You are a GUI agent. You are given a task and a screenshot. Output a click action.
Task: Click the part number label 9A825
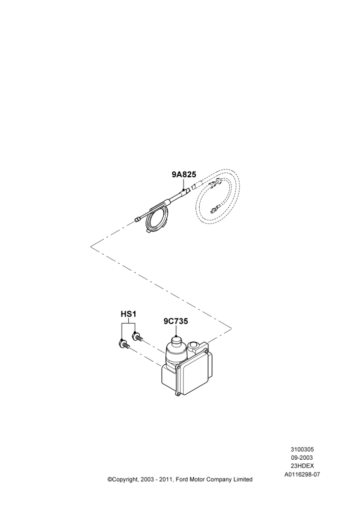184,174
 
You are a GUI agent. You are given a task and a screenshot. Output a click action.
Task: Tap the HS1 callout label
129,314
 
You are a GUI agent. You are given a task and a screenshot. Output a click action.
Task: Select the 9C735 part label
175,321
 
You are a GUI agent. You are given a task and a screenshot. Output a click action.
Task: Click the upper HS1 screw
137,337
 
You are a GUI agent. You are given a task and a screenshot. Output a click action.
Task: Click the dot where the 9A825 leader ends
184,189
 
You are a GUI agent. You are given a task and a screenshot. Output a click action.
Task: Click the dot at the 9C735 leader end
176,337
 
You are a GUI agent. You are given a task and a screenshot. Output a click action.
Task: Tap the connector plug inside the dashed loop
214,210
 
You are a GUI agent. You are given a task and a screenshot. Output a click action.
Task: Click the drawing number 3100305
302,450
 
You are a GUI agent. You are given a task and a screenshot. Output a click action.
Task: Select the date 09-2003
302,458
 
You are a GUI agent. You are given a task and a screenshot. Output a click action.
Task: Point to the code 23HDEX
302,466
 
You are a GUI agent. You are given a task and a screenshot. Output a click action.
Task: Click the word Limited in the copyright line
243,479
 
